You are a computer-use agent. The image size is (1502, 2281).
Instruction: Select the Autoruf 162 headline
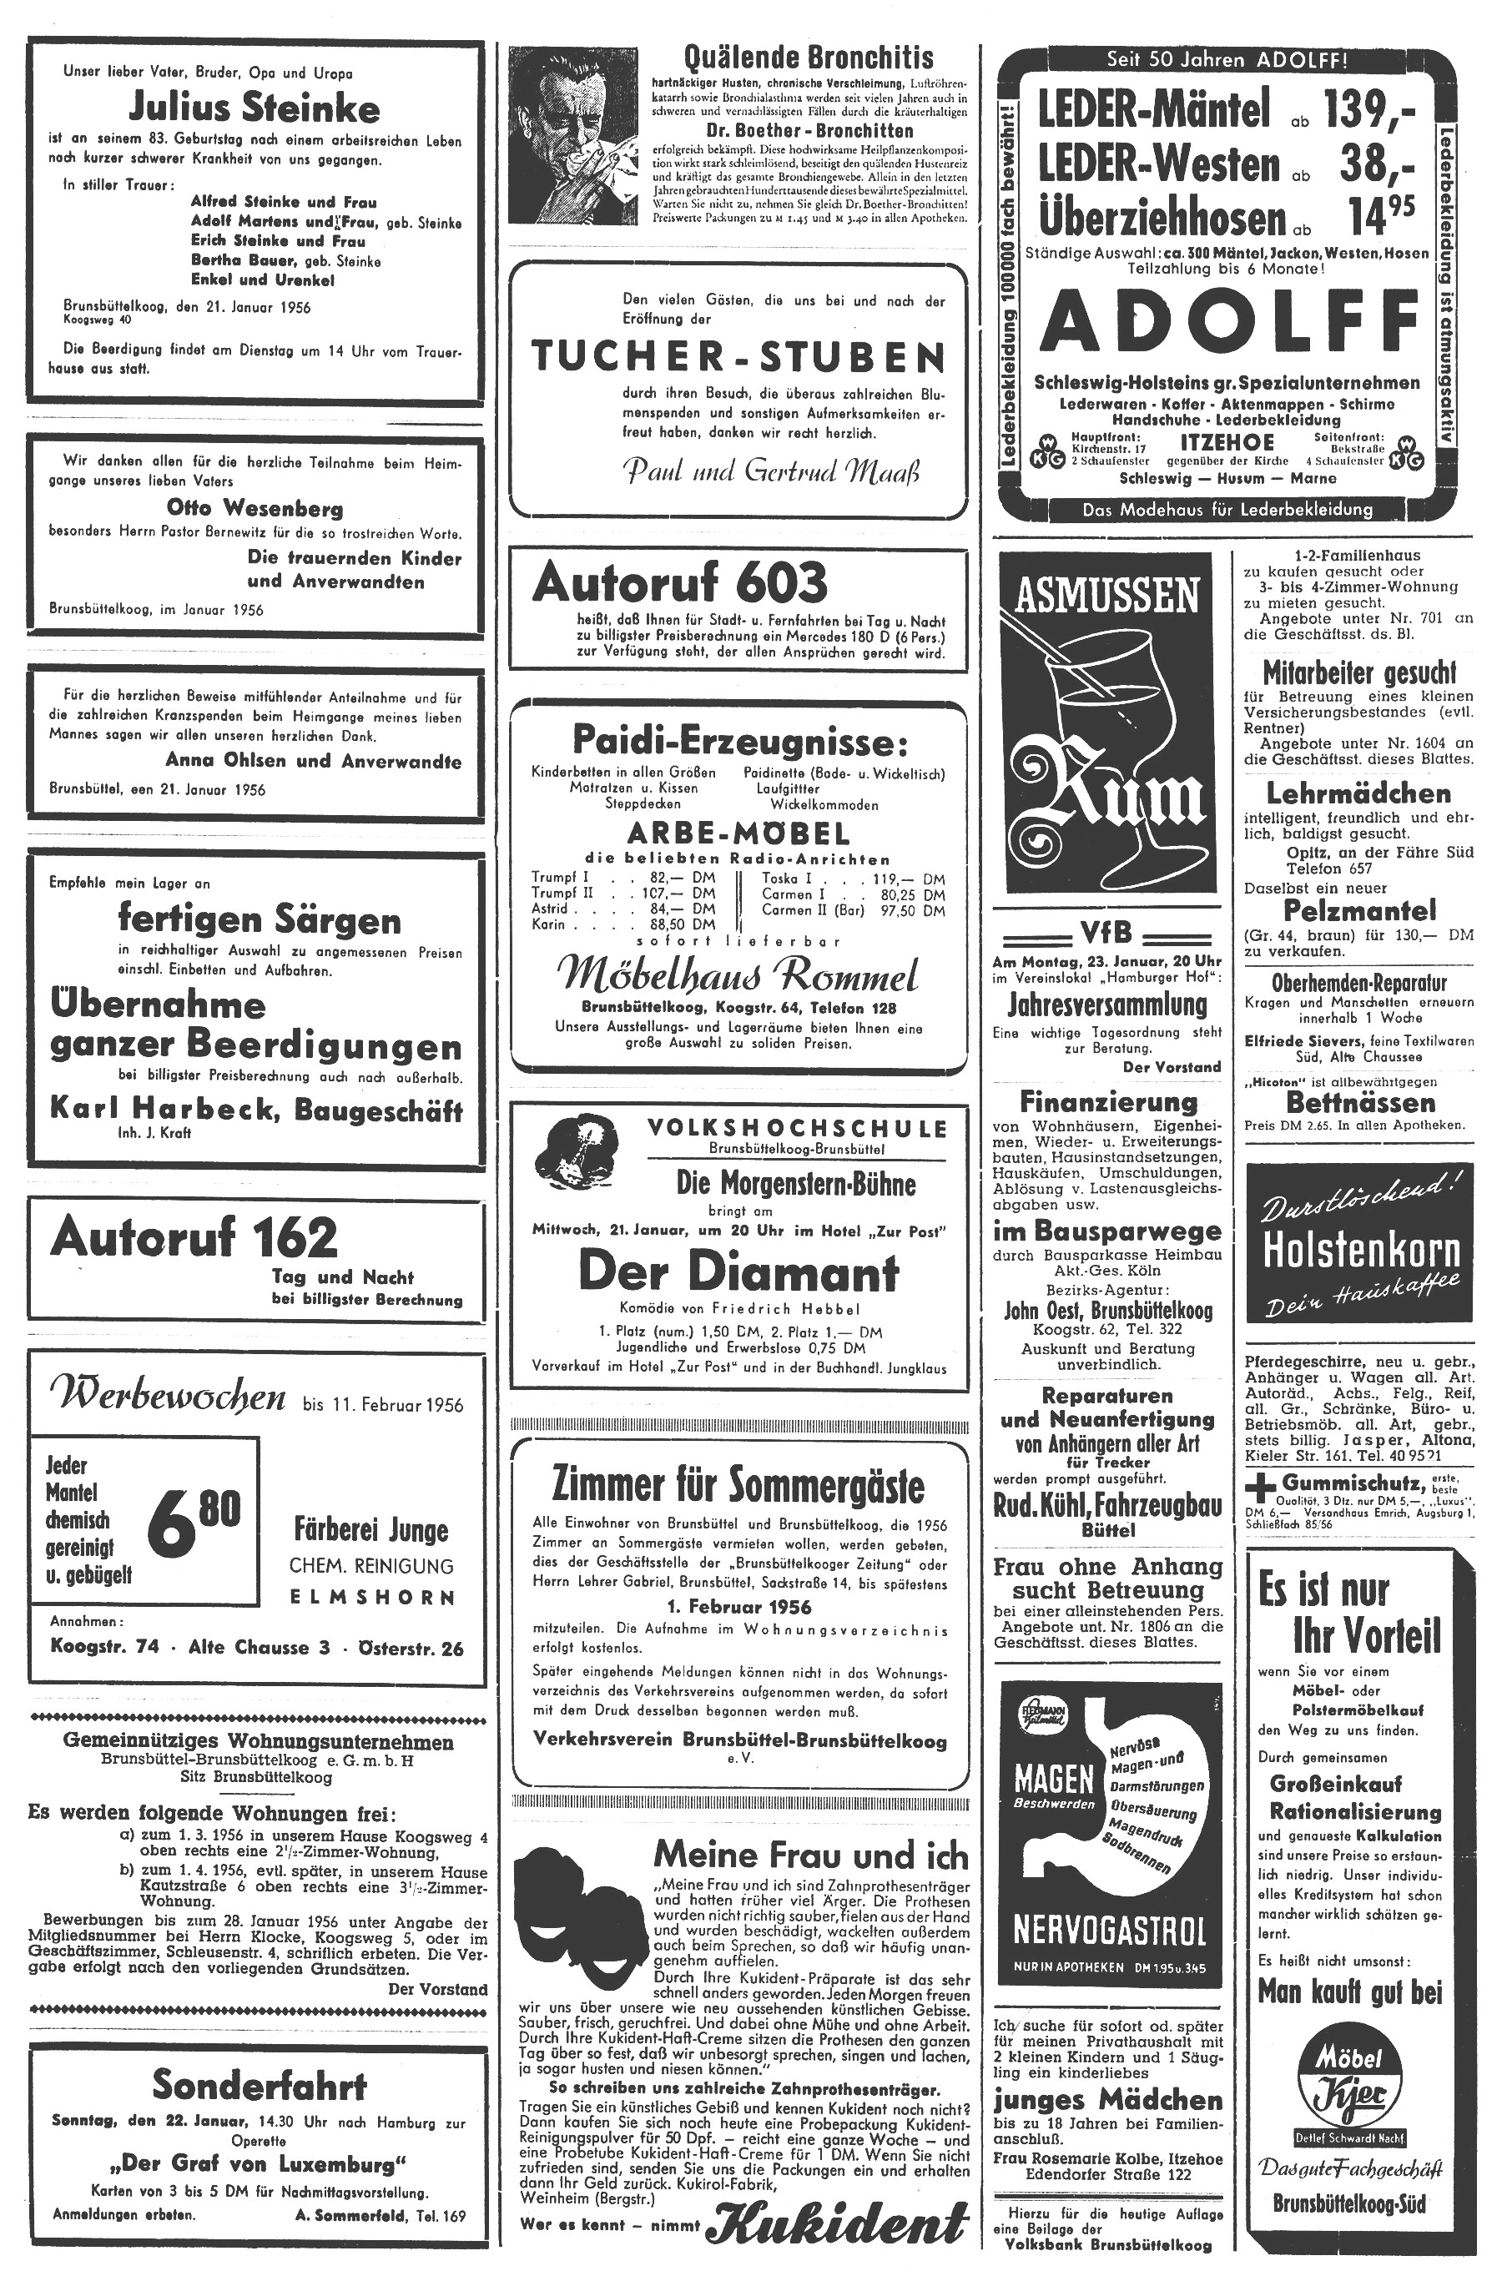194,1237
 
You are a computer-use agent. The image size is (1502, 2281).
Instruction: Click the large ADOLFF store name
1230,321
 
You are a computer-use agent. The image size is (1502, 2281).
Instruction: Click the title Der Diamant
738,1273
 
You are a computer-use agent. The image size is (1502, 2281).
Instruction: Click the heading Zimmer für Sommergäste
738,1487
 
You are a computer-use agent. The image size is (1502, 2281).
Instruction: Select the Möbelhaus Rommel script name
738,975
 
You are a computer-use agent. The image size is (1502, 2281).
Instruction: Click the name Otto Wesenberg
254,508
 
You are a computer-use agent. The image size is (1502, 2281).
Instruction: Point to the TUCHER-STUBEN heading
738,357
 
